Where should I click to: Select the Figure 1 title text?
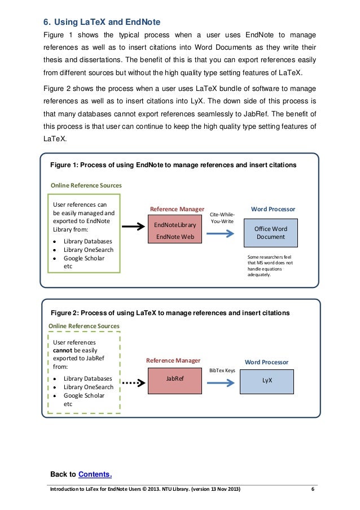point(174,165)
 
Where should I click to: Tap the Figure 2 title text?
point(170,312)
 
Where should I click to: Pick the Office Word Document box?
point(271,233)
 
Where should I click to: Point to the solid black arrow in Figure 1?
point(134,228)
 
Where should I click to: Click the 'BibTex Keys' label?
point(222,370)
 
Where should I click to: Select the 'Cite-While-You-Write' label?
point(222,218)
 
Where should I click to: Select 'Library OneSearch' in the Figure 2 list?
point(89,387)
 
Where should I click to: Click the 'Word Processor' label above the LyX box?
point(266,361)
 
